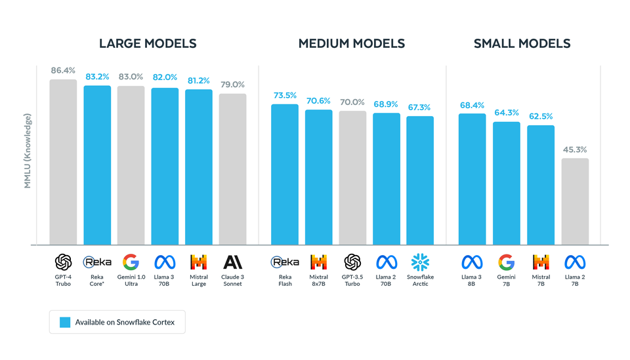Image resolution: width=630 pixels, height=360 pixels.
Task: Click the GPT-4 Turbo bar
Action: point(63,163)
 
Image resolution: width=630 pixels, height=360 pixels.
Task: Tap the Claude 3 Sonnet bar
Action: point(233,169)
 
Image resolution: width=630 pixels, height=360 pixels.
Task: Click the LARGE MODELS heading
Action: point(148,44)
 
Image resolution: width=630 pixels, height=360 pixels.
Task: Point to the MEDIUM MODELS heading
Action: point(352,44)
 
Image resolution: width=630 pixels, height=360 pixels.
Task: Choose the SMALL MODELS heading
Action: point(522,44)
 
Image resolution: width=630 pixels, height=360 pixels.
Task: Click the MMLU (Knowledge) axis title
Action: point(28,151)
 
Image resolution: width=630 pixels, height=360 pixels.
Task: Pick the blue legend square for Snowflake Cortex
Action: point(65,322)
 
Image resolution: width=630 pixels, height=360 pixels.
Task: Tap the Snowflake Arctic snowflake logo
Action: point(420,263)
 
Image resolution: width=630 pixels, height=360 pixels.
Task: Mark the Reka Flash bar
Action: point(285,174)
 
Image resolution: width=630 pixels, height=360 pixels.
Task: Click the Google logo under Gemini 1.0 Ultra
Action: point(131,263)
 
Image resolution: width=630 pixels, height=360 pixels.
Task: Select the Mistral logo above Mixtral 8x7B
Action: point(319,263)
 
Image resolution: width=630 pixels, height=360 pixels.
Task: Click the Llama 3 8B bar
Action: point(472,179)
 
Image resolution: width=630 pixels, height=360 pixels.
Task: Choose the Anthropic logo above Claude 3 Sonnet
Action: point(233,263)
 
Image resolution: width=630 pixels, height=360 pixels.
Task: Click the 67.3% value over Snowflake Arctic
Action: point(420,107)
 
